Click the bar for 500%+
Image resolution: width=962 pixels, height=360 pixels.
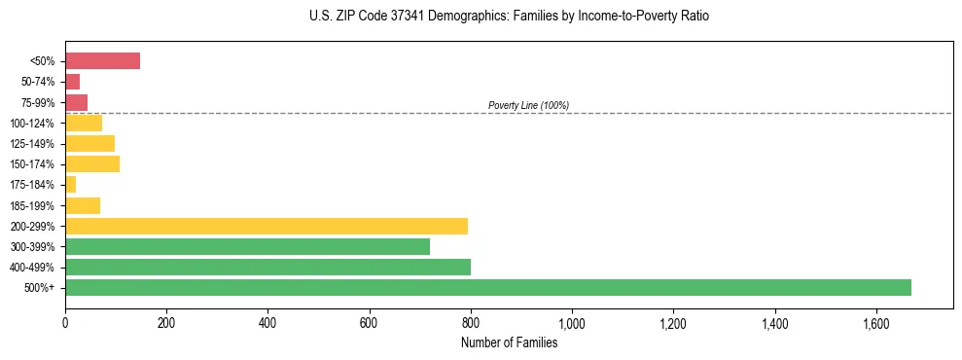[x=487, y=287]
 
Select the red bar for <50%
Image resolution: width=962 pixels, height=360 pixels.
[x=102, y=61]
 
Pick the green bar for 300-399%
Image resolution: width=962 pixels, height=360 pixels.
[x=247, y=246]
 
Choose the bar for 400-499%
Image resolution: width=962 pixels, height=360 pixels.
[x=267, y=267]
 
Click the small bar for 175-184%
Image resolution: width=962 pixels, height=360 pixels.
[x=70, y=185]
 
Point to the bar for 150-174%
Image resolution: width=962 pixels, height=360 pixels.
[x=92, y=164]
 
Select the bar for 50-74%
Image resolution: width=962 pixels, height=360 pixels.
[x=72, y=82]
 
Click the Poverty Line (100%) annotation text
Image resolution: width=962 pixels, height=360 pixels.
[x=528, y=105]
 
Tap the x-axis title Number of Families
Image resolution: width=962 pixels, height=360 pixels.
[x=509, y=342]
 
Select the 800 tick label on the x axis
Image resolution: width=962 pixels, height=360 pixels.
[x=471, y=323]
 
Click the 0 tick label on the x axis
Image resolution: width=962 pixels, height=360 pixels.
[x=65, y=323]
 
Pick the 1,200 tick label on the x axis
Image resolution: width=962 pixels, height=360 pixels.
[x=673, y=323]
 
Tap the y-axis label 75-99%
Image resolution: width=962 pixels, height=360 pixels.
[x=37, y=102]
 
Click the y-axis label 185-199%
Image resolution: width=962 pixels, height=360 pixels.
[x=32, y=205]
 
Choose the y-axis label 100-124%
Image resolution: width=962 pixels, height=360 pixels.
[x=32, y=123]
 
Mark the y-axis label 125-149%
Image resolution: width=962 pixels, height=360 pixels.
[x=32, y=144]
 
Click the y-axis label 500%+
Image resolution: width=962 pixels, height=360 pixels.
[x=39, y=288]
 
